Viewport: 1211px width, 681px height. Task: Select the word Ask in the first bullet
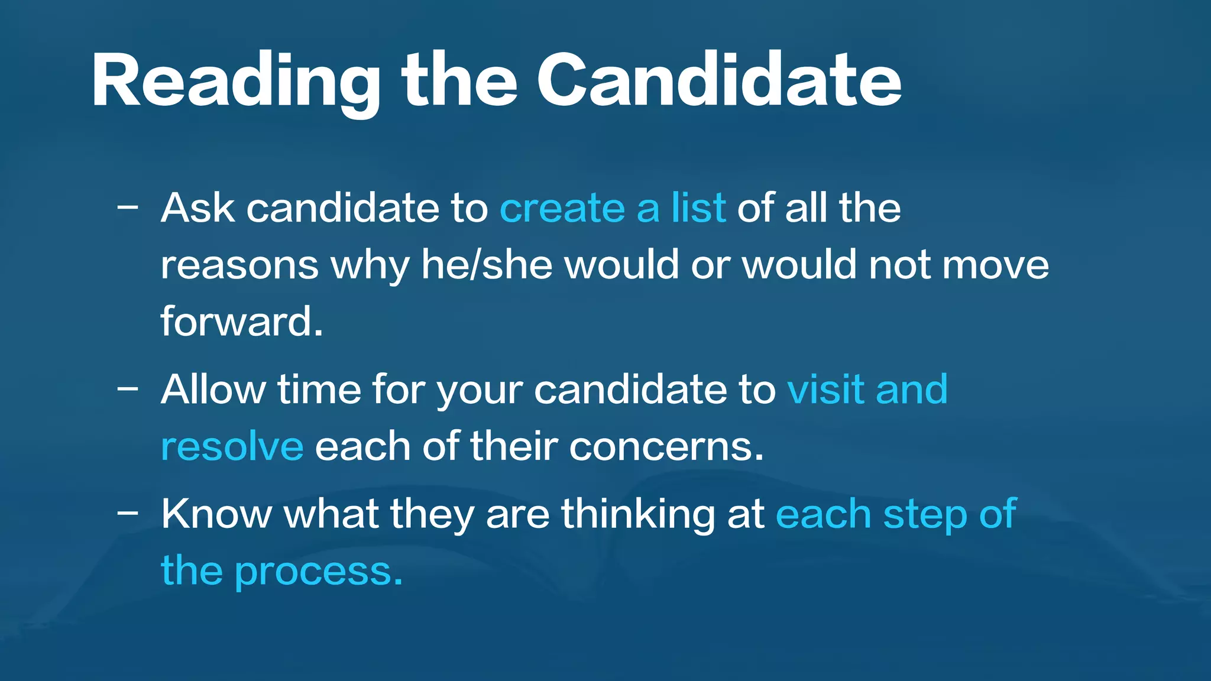click(x=197, y=208)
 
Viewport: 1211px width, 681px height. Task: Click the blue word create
click(x=562, y=209)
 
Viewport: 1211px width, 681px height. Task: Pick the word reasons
click(x=239, y=265)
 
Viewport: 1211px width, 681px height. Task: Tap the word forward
click(x=242, y=322)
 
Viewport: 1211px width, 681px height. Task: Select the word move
click(x=996, y=265)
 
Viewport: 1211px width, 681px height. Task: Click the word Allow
click(x=213, y=390)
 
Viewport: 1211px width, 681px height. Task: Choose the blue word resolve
click(x=232, y=446)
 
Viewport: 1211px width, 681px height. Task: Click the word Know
click(x=216, y=514)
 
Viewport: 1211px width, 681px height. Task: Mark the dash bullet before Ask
click(x=128, y=208)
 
